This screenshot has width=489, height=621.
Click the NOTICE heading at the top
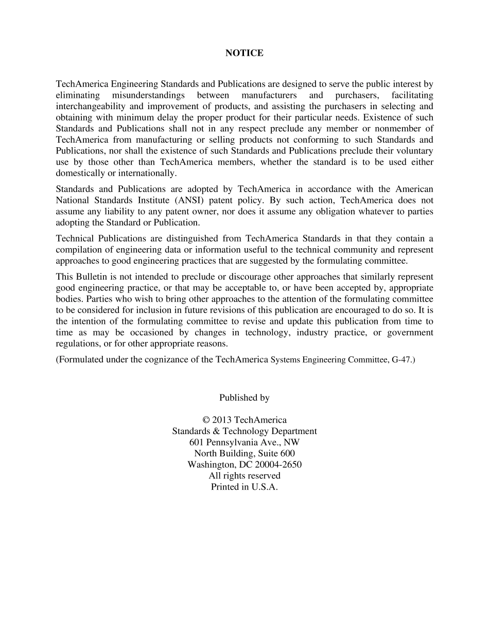(244, 53)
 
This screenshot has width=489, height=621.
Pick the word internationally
(146, 173)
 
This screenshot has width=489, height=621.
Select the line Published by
(244, 398)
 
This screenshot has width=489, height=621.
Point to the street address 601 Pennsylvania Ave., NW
(244, 442)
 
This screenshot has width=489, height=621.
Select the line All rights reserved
(244, 476)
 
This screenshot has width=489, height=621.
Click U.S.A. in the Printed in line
(265, 487)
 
